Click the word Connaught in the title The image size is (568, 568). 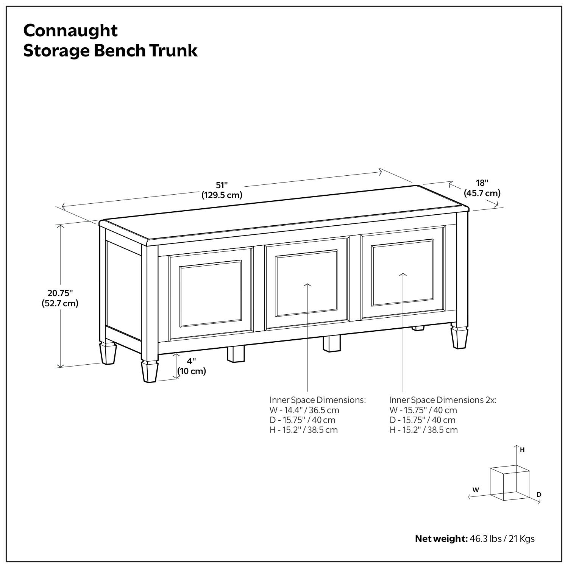click(70, 30)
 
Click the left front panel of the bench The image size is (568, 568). click(211, 293)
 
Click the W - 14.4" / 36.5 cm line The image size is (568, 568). click(304, 410)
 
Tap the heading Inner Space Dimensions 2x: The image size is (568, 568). click(443, 400)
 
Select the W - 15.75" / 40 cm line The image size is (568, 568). click(423, 410)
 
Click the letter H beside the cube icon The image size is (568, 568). click(522, 450)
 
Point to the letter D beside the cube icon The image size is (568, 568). click(539, 495)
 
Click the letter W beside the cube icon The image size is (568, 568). click(476, 490)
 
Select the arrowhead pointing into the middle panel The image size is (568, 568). click(307, 284)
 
